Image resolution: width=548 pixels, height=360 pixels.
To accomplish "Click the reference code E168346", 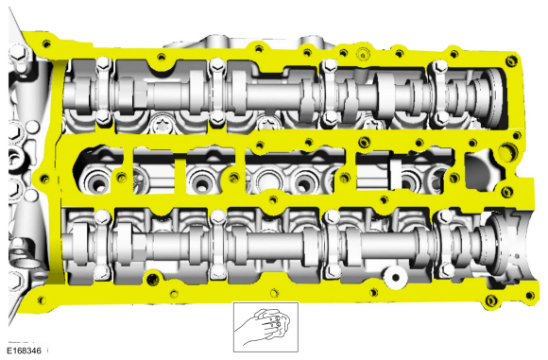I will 24,350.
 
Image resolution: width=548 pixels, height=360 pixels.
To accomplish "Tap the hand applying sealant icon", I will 265,326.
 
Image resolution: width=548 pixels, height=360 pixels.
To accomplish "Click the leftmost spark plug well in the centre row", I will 95,176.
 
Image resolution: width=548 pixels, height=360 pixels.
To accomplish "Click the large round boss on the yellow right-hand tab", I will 511,150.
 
